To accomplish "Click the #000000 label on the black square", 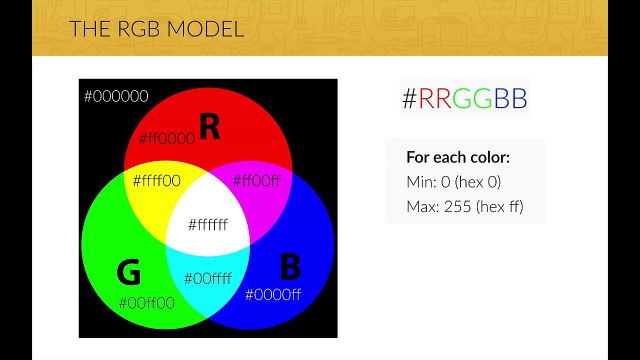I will click(x=116, y=97).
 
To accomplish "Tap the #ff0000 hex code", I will click(x=167, y=138).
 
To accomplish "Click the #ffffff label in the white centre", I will click(x=207, y=224).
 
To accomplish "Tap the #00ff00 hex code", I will click(x=146, y=302).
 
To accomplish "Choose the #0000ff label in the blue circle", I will click(x=273, y=294).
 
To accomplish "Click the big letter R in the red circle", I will click(x=209, y=127).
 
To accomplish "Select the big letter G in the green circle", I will click(x=129, y=272).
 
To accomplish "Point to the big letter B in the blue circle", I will click(x=289, y=267).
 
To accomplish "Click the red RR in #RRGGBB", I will click(x=435, y=98).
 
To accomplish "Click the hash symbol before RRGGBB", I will click(x=409, y=98).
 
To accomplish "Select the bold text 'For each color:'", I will click(x=458, y=158).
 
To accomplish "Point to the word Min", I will click(x=420, y=182).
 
